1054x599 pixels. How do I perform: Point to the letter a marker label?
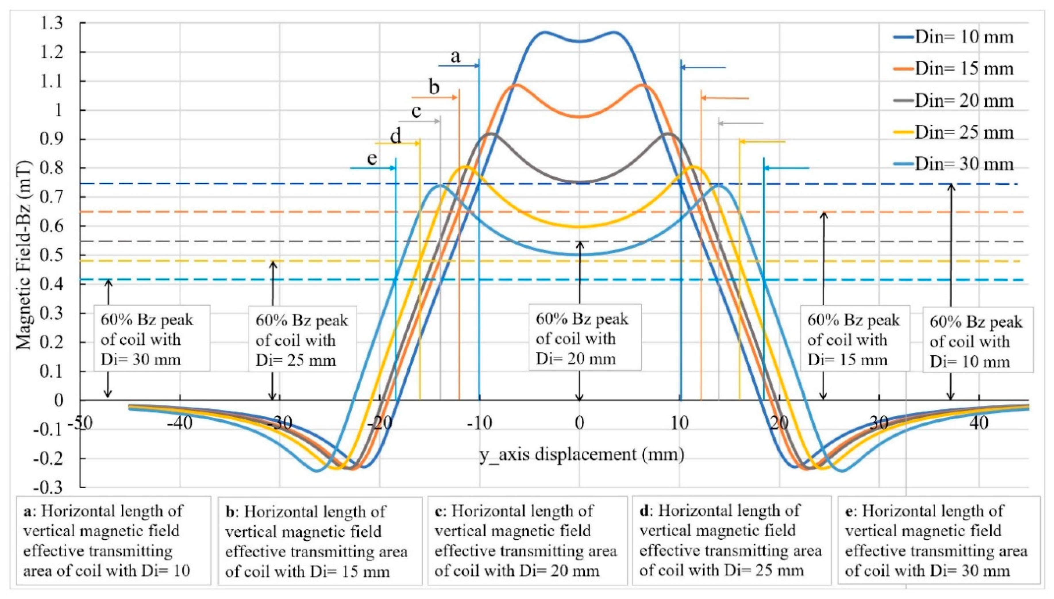[455, 56]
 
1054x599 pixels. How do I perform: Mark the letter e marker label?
[372, 158]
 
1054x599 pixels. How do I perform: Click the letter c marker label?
[416, 111]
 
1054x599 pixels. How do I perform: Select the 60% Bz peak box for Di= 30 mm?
[152, 338]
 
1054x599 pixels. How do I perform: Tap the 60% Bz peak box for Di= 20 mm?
[585, 337]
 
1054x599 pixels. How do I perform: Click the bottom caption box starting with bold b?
[320, 541]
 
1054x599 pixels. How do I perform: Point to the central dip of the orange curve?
[580, 117]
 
